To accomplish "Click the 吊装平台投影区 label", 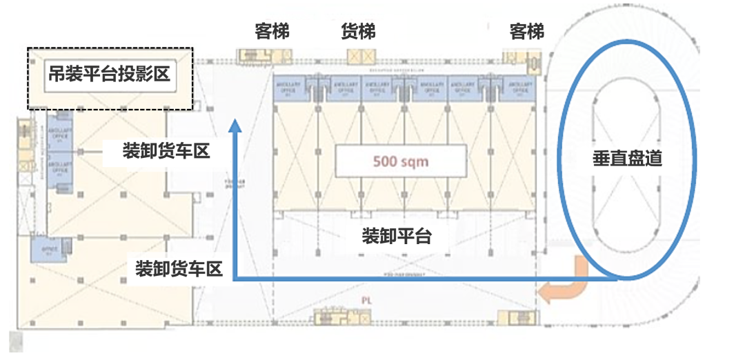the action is pos(108,72).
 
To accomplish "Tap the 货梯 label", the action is pos(359,32).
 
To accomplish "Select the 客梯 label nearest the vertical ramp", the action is pos(527,32).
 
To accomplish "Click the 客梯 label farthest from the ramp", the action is pos(272,32).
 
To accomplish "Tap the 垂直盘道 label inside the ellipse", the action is pos(627,159).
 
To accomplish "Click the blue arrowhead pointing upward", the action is pos(235,126).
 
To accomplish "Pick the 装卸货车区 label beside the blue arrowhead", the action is pos(166,151).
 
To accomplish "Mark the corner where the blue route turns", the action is pos(235,279).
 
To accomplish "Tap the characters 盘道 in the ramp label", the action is pos(644,159).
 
